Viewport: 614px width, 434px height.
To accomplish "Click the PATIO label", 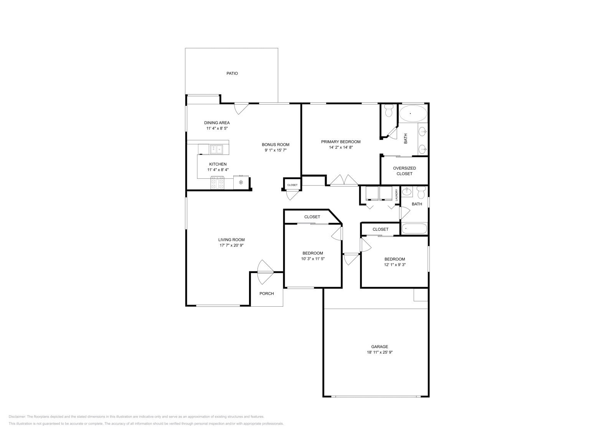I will pos(232,73).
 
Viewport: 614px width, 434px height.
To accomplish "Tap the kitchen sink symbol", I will pos(216,149).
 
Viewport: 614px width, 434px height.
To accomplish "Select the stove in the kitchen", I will pos(217,182).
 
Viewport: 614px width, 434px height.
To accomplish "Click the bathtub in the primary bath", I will pos(413,113).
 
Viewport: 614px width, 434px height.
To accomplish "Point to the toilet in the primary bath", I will pos(388,110).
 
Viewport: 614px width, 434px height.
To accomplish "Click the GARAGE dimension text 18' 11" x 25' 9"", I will pos(379,352).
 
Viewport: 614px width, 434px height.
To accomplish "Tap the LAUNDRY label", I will pos(396,195).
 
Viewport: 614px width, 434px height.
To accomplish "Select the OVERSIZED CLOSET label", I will pos(404,171).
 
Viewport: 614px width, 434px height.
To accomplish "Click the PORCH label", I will pos(266,294).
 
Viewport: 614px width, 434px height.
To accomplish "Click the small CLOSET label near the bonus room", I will pos(292,185).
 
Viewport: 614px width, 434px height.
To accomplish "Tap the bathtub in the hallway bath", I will pos(414,229).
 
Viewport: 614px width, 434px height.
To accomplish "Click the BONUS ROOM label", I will pos(275,145).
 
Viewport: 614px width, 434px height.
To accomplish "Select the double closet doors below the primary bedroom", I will pos(344,181).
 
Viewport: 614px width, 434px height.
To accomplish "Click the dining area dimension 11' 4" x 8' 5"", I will pos(217,128).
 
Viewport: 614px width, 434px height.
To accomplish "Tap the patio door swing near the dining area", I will pos(241,108).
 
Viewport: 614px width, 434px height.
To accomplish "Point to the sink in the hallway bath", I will pos(407,191).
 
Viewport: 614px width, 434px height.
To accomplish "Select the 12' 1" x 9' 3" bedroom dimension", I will pos(394,264).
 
